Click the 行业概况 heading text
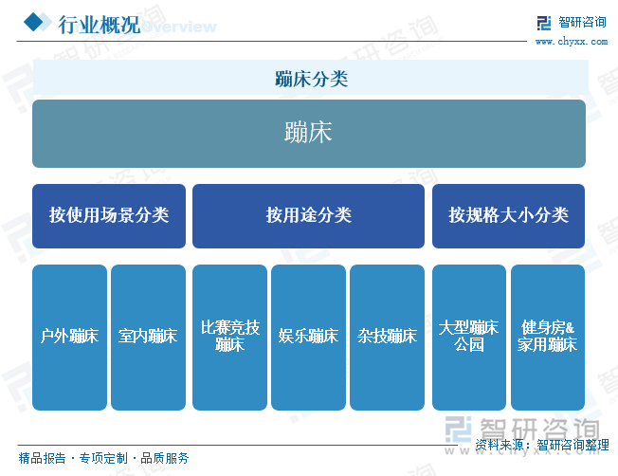(x=99, y=25)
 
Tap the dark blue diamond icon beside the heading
(x=33, y=22)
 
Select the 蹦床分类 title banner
(x=311, y=78)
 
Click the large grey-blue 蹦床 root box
(x=309, y=134)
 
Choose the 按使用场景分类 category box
(x=109, y=216)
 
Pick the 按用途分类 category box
(x=308, y=216)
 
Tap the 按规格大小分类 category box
(x=508, y=216)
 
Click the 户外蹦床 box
(x=69, y=338)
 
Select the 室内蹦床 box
(x=148, y=338)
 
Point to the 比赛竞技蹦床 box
(x=229, y=338)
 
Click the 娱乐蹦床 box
(x=308, y=338)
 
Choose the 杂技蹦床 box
(x=387, y=338)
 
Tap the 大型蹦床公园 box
(x=469, y=338)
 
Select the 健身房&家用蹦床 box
(x=548, y=338)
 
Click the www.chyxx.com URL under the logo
(x=572, y=42)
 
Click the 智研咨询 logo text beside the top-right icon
(x=583, y=22)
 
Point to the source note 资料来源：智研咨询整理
(x=542, y=445)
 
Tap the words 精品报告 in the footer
(x=42, y=458)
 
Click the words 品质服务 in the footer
(x=165, y=458)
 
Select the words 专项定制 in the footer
(x=103, y=458)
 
